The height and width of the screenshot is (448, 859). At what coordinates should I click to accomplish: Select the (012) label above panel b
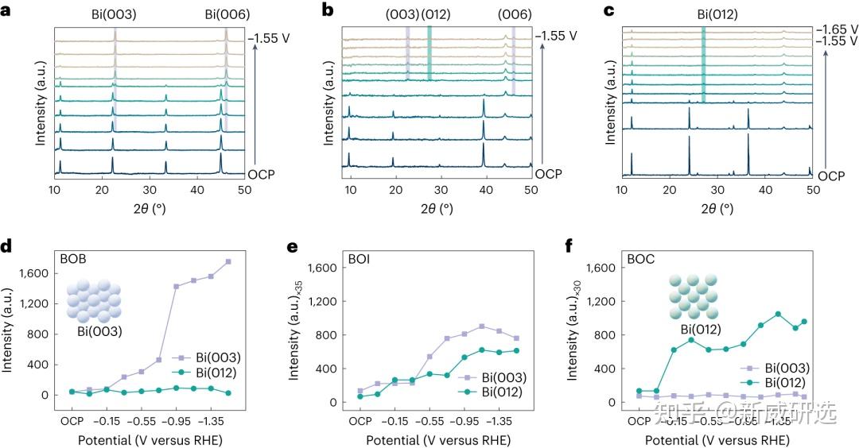[430, 14]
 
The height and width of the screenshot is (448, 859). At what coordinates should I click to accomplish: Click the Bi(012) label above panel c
[702, 14]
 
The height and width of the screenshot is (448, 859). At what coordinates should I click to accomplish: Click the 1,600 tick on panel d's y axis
[35, 273]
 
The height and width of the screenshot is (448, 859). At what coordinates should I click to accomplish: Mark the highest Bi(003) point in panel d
[228, 261]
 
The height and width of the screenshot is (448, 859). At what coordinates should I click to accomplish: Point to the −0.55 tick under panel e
[429, 420]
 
